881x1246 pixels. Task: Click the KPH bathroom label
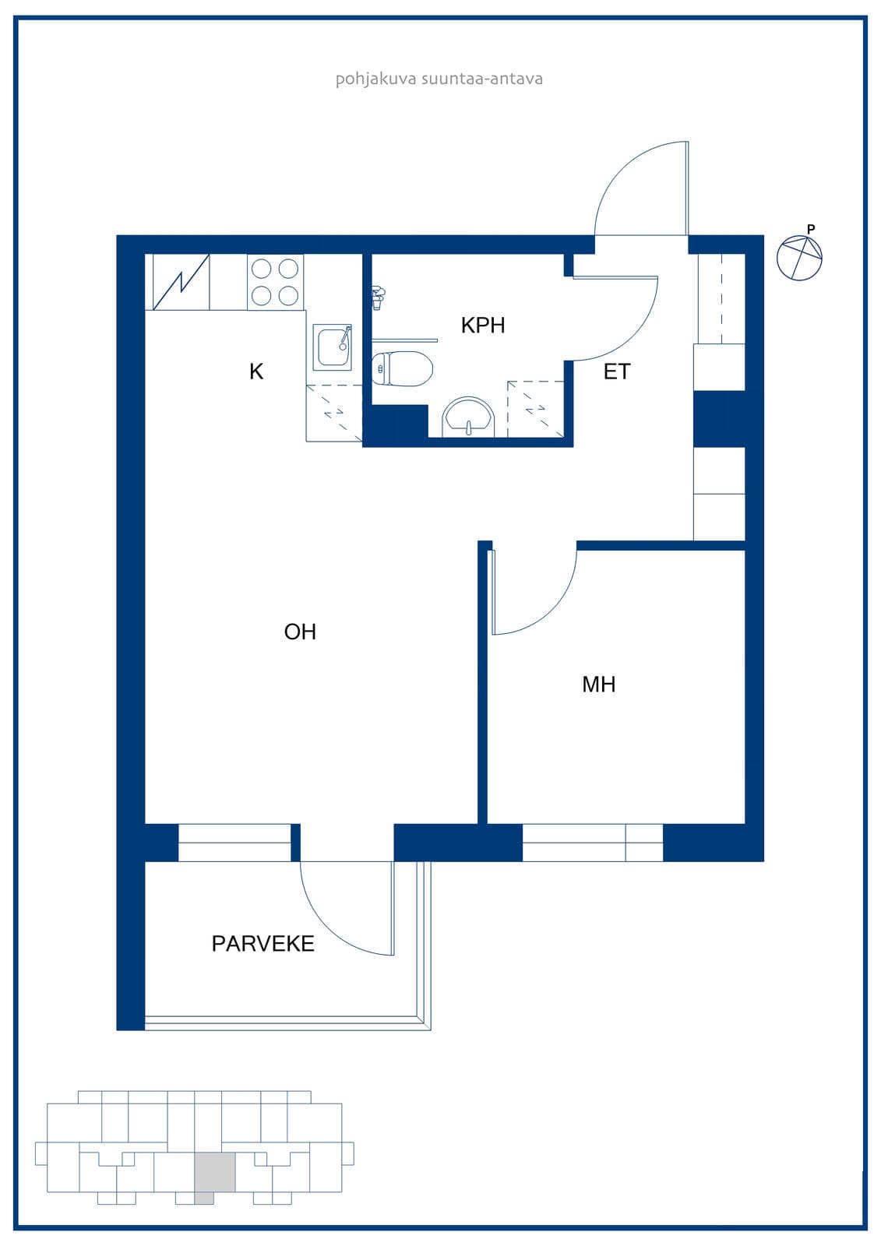pos(482,326)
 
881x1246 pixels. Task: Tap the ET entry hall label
pos(617,371)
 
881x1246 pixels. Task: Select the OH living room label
pos(300,632)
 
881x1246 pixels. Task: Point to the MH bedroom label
pos(599,685)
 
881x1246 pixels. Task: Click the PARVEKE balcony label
pos(263,943)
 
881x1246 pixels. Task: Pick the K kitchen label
pos(256,371)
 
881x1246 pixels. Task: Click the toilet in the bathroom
pos(402,368)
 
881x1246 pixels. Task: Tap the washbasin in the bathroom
pos(468,417)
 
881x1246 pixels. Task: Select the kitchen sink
pos(333,347)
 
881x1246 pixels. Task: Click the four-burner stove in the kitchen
pos(275,282)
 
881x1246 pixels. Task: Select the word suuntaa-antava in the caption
pos(482,79)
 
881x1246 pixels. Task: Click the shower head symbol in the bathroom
pos(378,296)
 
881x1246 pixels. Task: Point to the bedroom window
pos(593,842)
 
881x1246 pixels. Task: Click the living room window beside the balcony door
pos(234,842)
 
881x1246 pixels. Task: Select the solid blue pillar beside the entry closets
pos(719,419)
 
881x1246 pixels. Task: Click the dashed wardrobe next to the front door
pos(721,298)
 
